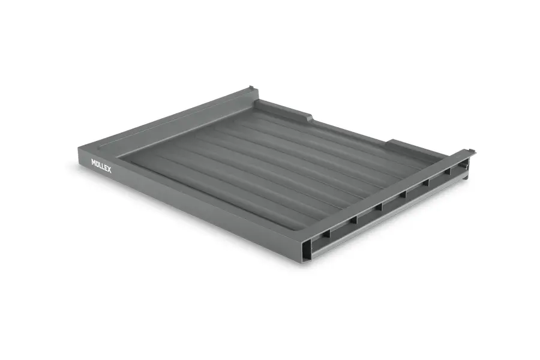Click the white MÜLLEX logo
pyautogui.click(x=101, y=166)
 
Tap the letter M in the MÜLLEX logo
pyautogui.click(x=94, y=162)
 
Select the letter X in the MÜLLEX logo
pyautogui.click(x=109, y=169)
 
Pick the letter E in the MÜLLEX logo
pyautogui.click(x=106, y=168)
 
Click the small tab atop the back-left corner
pyautogui.click(x=251, y=88)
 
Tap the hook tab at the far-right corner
pyautogui.click(x=471, y=151)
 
